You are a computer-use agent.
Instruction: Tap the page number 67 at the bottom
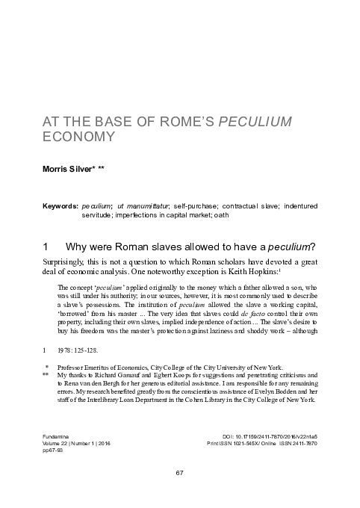pos(179,473)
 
